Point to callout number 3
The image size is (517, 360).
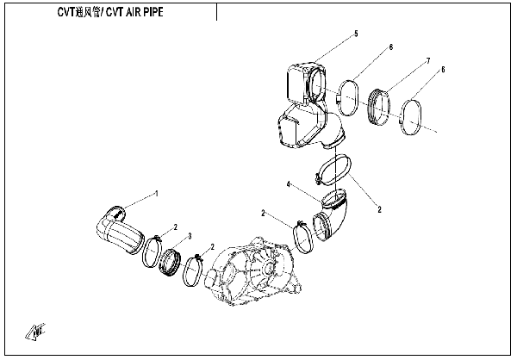tap(189, 235)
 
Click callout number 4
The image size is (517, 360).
tap(290, 183)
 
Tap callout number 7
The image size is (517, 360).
tap(427, 62)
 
